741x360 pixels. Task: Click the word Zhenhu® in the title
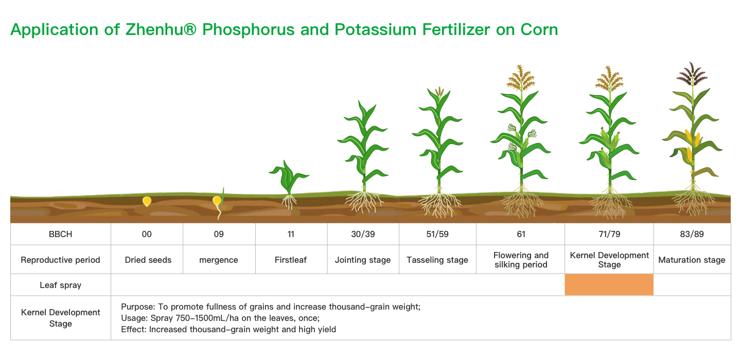[x=161, y=29]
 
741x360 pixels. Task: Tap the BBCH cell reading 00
[x=147, y=234]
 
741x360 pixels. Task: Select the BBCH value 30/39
[x=363, y=234]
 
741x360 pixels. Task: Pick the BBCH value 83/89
[x=692, y=234]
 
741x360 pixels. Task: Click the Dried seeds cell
[x=148, y=260]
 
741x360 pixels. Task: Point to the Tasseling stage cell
[x=437, y=260]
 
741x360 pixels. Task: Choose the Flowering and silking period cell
[x=521, y=260]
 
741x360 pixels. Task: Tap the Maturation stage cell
[x=692, y=260]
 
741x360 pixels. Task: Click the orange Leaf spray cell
[x=609, y=284]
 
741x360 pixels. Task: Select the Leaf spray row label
[x=61, y=285]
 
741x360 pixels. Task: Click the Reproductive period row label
[x=60, y=260]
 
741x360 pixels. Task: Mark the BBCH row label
[x=61, y=234]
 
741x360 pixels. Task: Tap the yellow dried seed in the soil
[x=147, y=201]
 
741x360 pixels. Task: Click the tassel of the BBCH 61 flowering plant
[x=521, y=78]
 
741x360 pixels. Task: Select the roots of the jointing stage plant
[x=364, y=201]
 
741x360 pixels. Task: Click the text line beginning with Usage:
[x=220, y=318]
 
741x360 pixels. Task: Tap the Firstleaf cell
[x=290, y=260]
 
